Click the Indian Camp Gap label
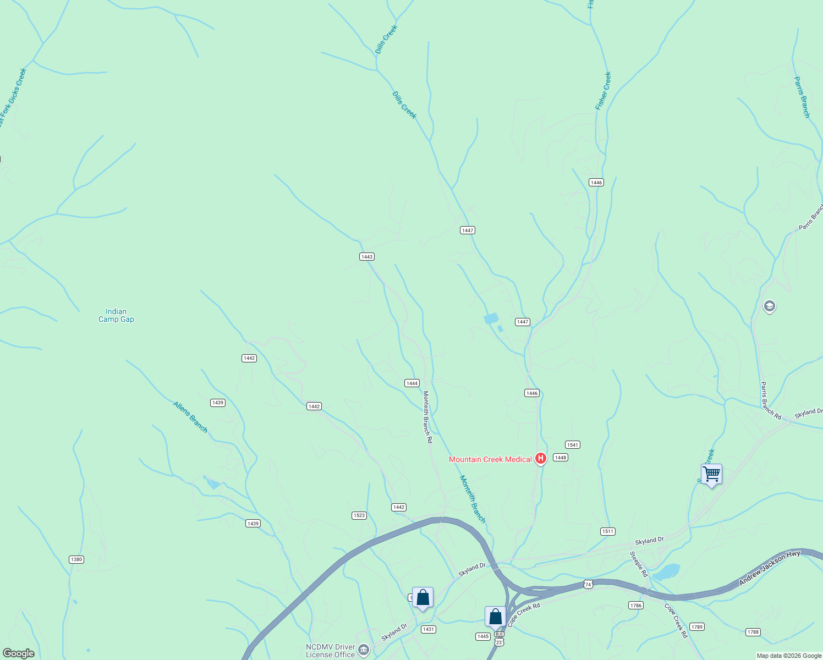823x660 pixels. tap(116, 315)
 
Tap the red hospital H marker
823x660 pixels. tap(541, 458)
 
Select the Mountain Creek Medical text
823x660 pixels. tap(490, 459)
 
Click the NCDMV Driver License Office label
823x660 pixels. tap(330, 651)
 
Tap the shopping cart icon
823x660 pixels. tap(711, 474)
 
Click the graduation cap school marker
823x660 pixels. tap(770, 306)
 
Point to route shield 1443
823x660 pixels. tap(367, 257)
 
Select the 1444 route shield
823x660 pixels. tap(412, 383)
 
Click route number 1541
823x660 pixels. tap(573, 444)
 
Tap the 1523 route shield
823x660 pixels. tap(359, 515)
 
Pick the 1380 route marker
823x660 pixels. tap(76, 559)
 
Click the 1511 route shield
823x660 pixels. tap(607, 531)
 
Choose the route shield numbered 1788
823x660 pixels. tap(753, 632)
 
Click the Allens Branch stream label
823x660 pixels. tap(191, 417)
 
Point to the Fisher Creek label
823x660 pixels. tap(603, 91)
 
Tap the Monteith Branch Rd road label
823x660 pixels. tap(427, 417)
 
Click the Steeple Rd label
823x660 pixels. tap(639, 564)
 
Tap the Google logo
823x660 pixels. tap(18, 653)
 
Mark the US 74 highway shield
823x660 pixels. tap(589, 584)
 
